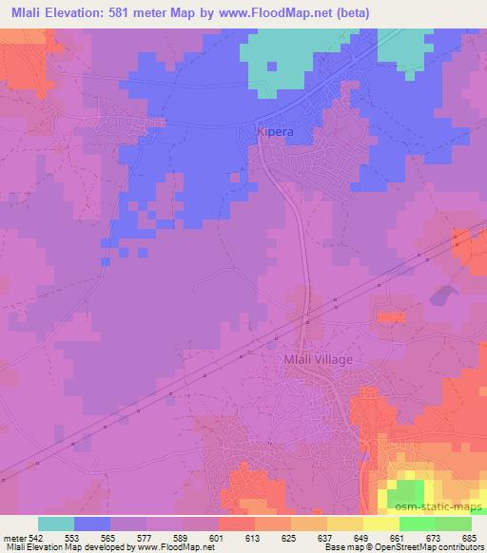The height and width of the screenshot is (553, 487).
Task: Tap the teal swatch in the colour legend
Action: point(56,524)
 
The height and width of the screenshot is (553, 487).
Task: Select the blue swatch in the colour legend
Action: point(92,524)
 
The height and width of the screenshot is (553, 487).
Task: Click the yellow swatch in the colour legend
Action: point(381,524)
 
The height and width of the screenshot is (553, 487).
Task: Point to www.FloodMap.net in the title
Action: point(270,12)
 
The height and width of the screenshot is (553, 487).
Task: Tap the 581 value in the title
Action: point(127,12)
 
